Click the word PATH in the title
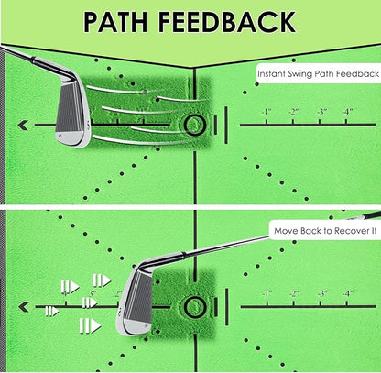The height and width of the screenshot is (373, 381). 123,21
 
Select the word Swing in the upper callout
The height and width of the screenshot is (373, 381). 307,72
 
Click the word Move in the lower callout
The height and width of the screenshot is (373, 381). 286,233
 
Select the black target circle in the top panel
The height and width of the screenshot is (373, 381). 195,124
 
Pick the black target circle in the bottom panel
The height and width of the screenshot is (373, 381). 195,305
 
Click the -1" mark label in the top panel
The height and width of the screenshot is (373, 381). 266,113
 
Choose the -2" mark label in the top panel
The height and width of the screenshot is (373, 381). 293,113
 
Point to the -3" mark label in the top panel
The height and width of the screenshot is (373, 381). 321,113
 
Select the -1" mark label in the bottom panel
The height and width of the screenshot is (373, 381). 266,294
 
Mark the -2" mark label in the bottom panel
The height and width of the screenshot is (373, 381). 293,294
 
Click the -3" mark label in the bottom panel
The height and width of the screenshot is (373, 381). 321,294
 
